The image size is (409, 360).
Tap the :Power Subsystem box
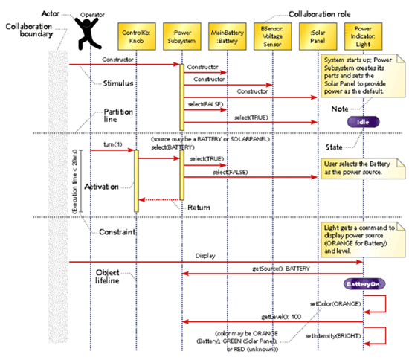pos(181,34)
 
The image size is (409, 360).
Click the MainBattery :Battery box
pos(226,34)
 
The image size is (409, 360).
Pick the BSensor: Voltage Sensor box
pos(271,34)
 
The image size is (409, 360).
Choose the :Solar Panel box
pos(317,34)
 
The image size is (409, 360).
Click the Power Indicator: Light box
pos(362,34)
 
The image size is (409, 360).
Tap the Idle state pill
pos(362,121)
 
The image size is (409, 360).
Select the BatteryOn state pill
pos(362,284)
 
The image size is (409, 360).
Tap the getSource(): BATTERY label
pos(286,266)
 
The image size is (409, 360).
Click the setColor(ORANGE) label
pos(336,304)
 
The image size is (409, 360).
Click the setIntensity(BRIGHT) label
pos(335,336)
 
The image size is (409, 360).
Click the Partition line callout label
pos(117,116)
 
